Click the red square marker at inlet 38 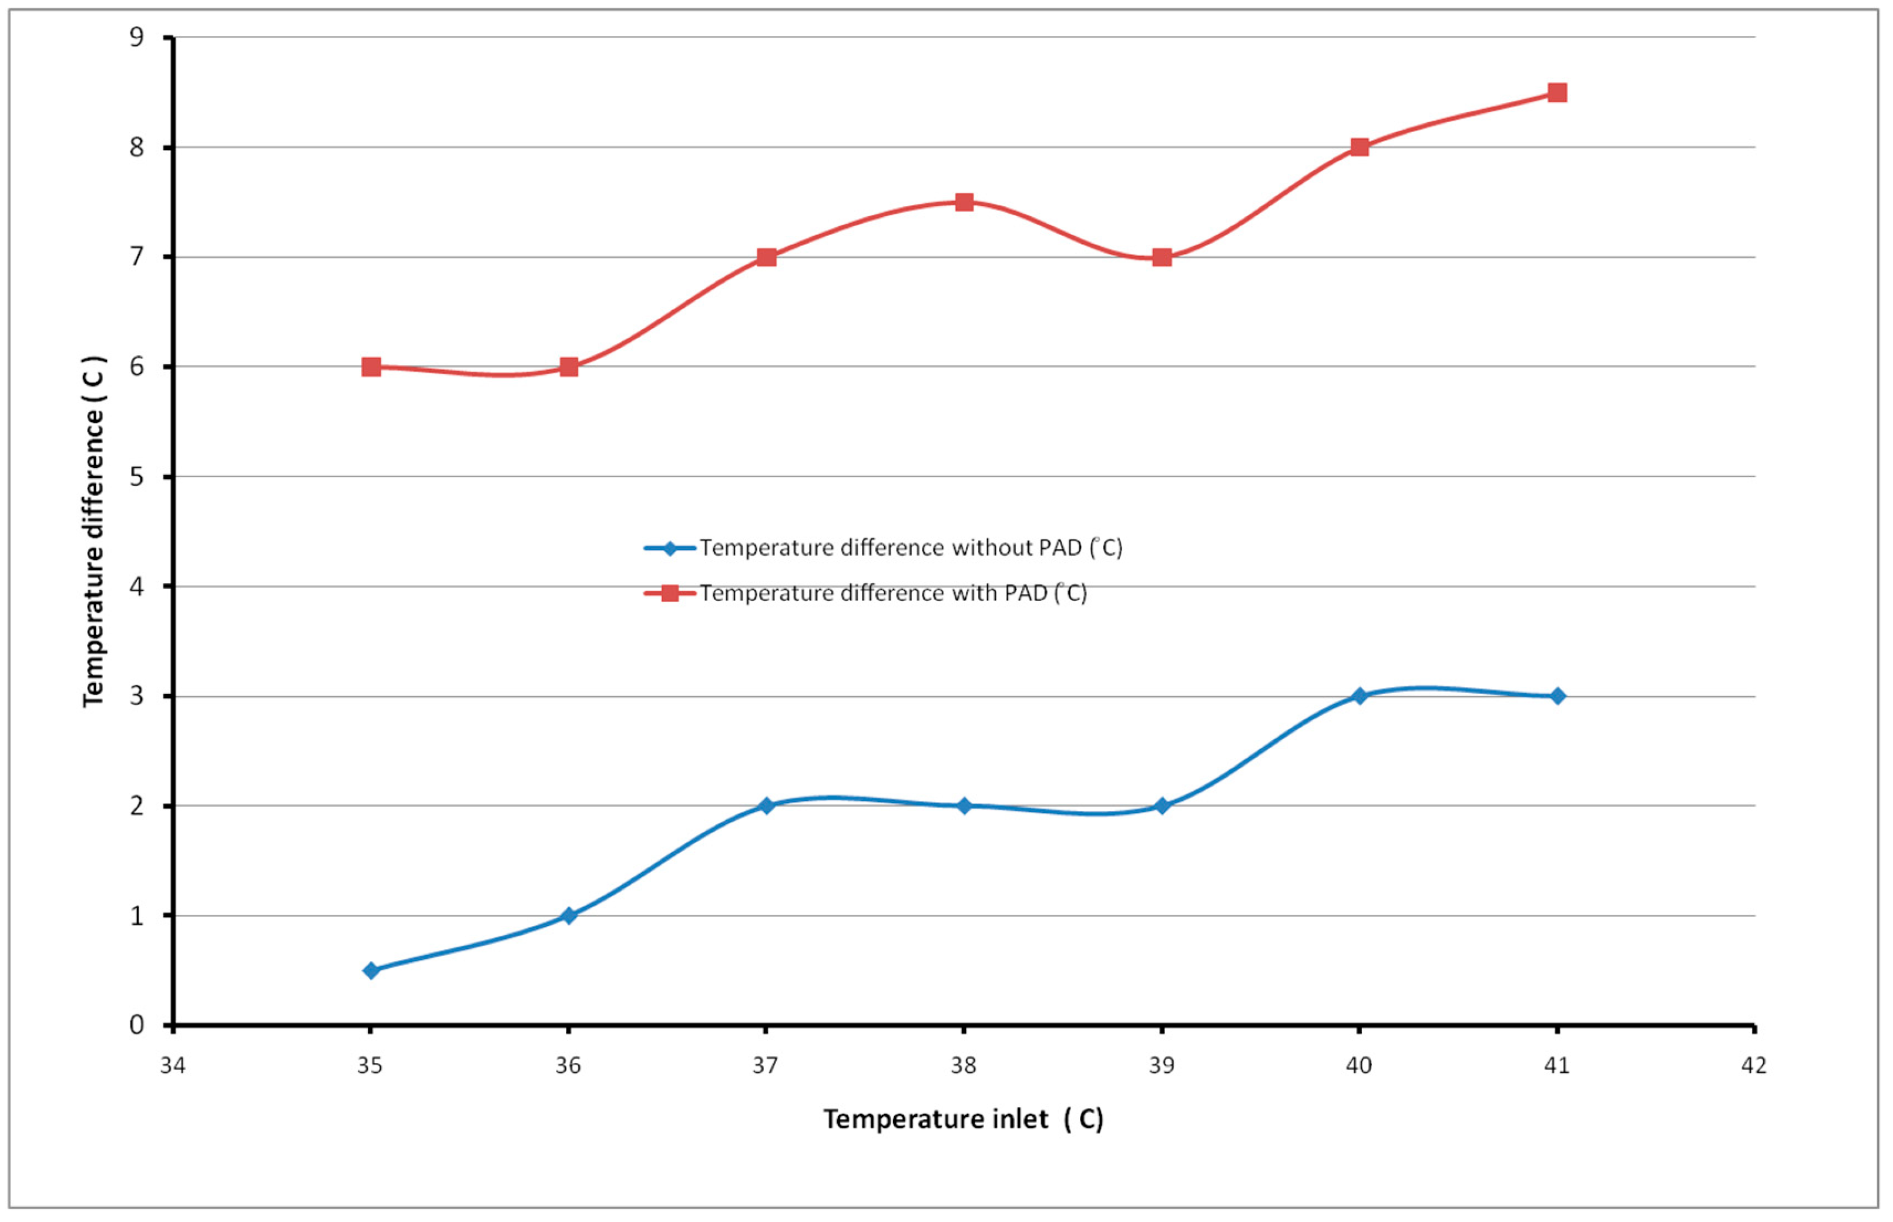[x=964, y=202]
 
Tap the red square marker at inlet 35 [x=371, y=367]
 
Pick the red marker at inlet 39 [x=1162, y=257]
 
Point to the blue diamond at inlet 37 [x=766, y=805]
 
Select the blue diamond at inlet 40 [x=1359, y=696]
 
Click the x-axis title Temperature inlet [x=963, y=1119]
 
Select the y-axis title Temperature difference [x=93, y=532]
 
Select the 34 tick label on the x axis [x=172, y=1066]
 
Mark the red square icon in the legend [x=670, y=593]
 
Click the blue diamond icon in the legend [x=670, y=548]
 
